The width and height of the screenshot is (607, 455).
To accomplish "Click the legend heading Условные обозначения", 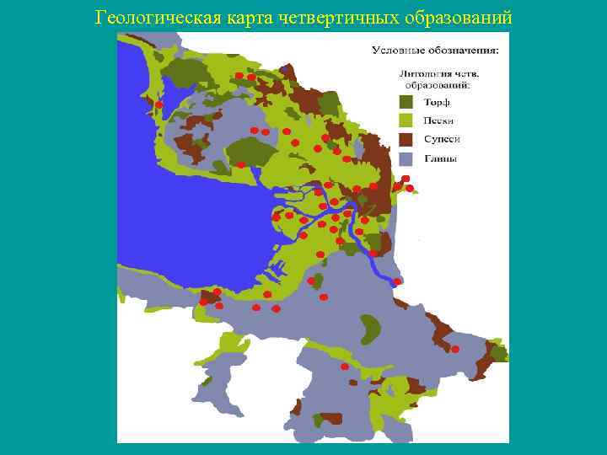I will (435, 51).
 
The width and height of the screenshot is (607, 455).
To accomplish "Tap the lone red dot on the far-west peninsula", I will (158, 104).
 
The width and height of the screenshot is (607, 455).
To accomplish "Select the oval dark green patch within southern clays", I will (368, 329).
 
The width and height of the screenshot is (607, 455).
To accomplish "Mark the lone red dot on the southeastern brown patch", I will (455, 349).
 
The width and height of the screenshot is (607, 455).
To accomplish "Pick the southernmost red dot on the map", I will (344, 367).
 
